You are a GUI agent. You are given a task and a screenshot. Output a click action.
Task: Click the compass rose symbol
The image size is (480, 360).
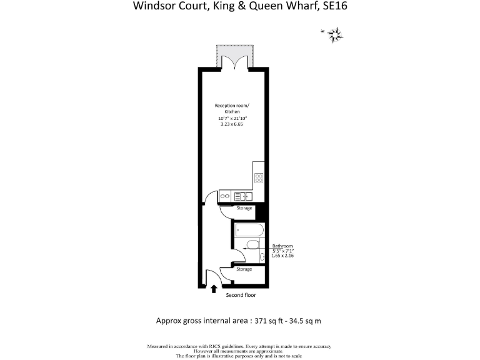[x=336, y=34]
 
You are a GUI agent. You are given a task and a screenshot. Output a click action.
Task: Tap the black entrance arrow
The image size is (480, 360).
[x=214, y=289]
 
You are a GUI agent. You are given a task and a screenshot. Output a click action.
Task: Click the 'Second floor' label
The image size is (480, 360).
[x=241, y=294]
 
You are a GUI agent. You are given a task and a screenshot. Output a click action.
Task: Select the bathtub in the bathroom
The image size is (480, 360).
[x=250, y=231]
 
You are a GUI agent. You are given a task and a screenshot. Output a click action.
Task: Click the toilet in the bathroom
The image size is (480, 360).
[x=252, y=244]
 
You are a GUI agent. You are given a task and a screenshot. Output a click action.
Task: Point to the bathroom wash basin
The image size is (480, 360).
[x=262, y=256]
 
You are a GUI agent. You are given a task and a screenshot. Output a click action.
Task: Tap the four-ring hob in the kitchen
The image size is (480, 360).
[x=259, y=177]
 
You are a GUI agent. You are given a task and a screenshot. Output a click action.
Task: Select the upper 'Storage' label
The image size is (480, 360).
[x=244, y=208]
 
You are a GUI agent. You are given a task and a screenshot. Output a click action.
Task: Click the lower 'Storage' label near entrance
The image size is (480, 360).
[x=244, y=269]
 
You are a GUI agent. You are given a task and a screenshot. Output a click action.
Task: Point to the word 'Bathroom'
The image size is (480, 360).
[x=282, y=246]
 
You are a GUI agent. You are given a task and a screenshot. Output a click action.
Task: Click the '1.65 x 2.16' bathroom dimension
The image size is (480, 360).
[x=282, y=256]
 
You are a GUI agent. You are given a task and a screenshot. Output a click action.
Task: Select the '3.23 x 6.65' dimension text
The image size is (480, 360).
[x=232, y=124]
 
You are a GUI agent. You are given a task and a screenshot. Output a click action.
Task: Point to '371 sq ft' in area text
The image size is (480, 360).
[x=271, y=321]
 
